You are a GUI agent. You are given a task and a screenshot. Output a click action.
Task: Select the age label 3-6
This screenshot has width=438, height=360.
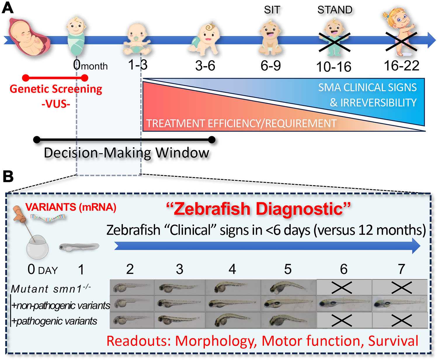pyautogui.click(x=205, y=66)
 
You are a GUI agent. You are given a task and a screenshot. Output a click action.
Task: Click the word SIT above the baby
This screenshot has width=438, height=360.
pyautogui.click(x=272, y=10)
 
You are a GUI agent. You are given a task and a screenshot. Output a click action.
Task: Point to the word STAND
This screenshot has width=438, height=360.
pyautogui.click(x=335, y=10)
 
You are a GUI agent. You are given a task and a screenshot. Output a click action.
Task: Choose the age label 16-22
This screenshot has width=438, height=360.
pyautogui.click(x=401, y=66)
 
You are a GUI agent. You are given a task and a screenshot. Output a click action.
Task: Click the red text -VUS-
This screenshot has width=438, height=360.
pyautogui.click(x=56, y=104)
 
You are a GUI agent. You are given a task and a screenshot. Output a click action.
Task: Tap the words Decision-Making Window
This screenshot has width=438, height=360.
pyautogui.click(x=126, y=153)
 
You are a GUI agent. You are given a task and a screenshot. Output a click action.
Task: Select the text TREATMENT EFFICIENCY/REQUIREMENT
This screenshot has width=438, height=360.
pyautogui.click(x=241, y=123)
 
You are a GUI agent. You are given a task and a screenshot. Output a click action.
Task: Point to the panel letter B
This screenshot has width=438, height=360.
pyautogui.click(x=8, y=177)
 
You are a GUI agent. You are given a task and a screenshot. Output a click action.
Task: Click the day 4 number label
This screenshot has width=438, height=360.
pyautogui.click(x=232, y=269)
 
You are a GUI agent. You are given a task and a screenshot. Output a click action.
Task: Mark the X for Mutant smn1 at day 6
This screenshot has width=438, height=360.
pyautogui.click(x=342, y=288)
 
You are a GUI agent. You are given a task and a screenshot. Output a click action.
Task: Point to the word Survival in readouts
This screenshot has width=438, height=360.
pyautogui.click(x=393, y=341)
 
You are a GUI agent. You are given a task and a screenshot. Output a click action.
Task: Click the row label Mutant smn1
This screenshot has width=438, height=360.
pyautogui.click(x=51, y=288)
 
